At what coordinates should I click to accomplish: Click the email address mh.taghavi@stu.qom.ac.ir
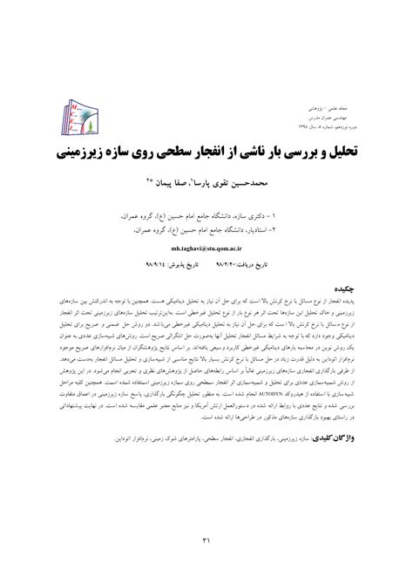tap(205, 224)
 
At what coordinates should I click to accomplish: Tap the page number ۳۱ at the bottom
tap(206, 541)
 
